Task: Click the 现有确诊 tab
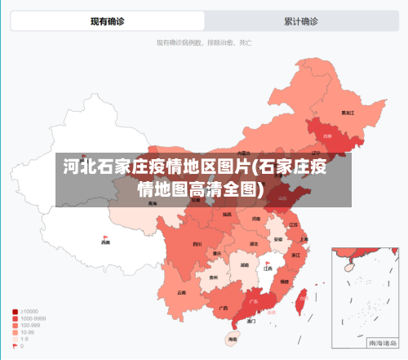107,21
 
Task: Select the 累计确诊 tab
300,21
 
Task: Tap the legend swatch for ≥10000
15,311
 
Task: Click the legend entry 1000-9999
30,318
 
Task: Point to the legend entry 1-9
24,339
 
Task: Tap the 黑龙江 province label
347,113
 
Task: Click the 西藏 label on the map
104,242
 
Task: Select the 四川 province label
197,243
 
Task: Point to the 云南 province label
181,291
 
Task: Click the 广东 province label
253,301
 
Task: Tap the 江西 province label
268,267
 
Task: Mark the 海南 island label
232,339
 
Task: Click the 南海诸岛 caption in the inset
383,343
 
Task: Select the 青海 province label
152,203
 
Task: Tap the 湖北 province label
253,243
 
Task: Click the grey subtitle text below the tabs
204,42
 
